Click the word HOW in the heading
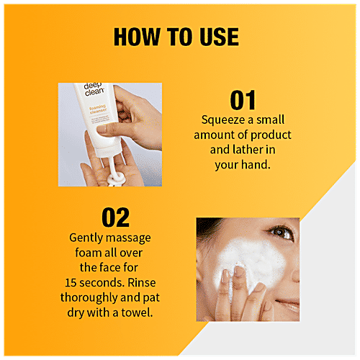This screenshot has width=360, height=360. [x=137, y=37]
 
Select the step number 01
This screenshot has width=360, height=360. [x=243, y=100]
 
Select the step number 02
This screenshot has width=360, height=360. [x=116, y=217]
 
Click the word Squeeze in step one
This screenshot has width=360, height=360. [x=222, y=120]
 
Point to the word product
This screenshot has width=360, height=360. [x=271, y=135]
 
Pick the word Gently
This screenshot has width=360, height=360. [x=86, y=238]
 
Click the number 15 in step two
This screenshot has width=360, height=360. [x=71, y=283]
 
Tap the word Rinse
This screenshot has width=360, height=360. [x=142, y=282]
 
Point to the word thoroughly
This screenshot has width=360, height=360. [x=89, y=298]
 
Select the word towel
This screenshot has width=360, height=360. [x=137, y=312]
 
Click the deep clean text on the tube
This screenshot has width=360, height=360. [x=94, y=89]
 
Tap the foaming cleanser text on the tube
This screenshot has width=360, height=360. [x=98, y=109]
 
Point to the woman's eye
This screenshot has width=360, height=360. [x=282, y=233]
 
